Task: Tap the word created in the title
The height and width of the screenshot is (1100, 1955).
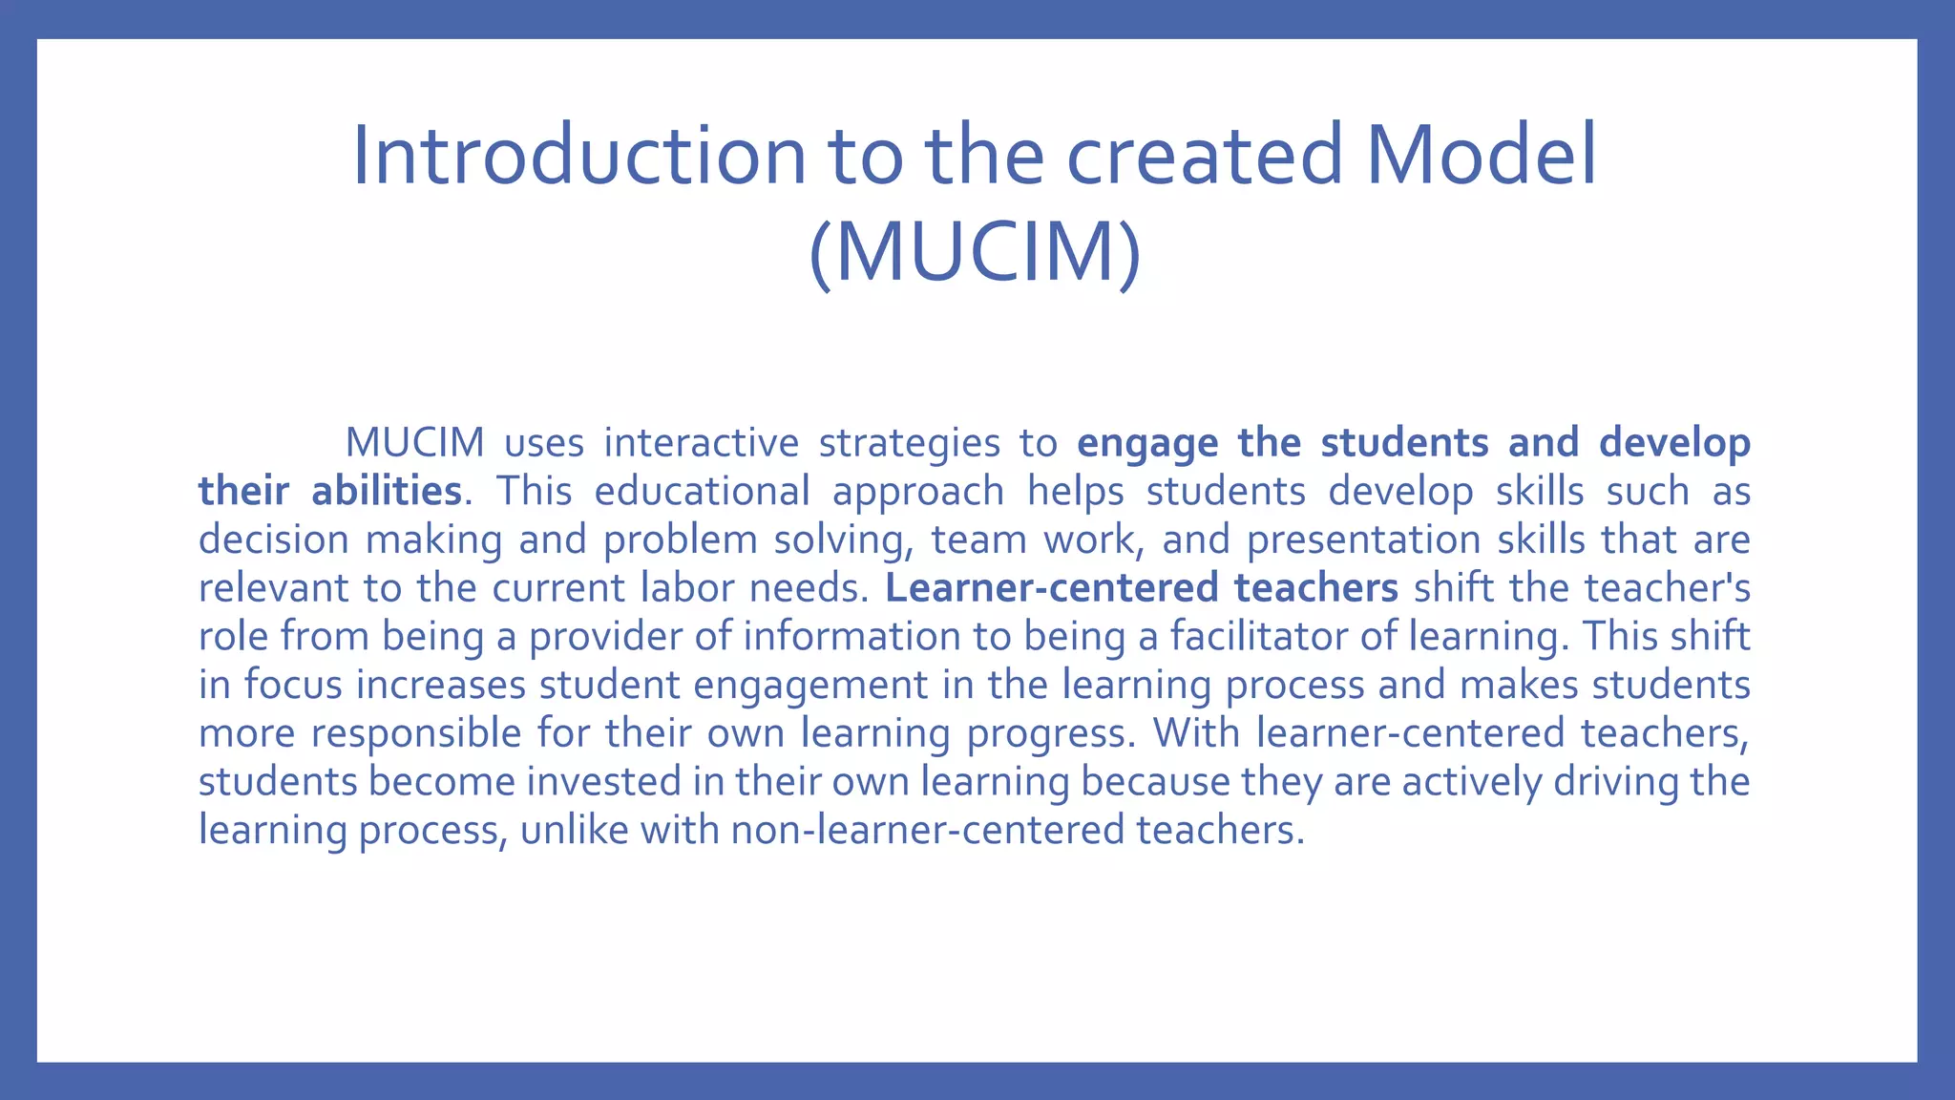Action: pos(1206,156)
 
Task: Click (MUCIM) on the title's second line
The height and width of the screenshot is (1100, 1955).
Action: pos(975,252)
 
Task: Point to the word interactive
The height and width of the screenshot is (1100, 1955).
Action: pos(701,443)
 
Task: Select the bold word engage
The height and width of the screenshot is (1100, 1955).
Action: pos(1146,443)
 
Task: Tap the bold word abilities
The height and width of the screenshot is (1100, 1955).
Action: pos(387,491)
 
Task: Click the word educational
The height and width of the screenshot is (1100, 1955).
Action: pos(702,491)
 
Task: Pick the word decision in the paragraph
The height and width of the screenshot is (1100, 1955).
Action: pos(273,539)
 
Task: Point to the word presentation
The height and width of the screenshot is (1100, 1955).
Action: pos(1362,539)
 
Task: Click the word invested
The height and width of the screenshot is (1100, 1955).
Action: pos(603,782)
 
